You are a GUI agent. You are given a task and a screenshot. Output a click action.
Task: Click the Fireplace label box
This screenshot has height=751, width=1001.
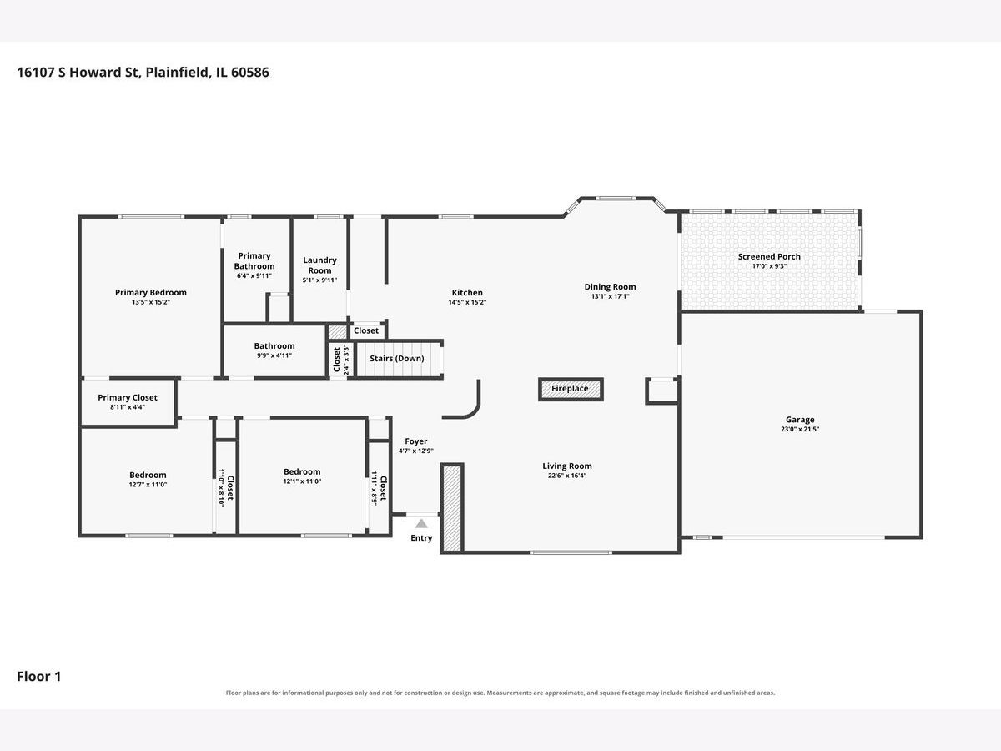(x=571, y=389)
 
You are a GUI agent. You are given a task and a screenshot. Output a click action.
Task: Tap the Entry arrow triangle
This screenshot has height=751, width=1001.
(x=421, y=523)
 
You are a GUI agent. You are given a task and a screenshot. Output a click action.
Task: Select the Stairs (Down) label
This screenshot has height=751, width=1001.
(x=397, y=359)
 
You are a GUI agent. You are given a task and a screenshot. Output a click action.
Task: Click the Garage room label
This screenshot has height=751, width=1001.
(x=800, y=420)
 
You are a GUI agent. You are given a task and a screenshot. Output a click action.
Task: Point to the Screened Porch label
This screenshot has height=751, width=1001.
(x=769, y=257)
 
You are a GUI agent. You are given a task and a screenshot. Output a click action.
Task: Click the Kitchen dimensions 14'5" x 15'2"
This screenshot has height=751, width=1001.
(x=467, y=302)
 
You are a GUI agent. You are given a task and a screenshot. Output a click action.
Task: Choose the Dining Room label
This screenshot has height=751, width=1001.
(x=610, y=287)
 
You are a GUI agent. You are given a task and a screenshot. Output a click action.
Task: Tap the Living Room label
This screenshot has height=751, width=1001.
(x=567, y=466)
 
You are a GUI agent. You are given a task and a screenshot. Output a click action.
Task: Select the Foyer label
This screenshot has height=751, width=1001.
(x=416, y=441)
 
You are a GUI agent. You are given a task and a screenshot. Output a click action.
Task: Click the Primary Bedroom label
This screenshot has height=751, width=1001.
(x=150, y=293)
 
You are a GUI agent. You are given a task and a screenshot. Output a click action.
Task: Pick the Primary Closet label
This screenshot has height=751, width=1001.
(x=128, y=398)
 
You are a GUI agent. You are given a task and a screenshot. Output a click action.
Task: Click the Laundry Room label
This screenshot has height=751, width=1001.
(x=319, y=265)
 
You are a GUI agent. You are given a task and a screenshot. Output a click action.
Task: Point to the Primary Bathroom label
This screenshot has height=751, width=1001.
(x=254, y=261)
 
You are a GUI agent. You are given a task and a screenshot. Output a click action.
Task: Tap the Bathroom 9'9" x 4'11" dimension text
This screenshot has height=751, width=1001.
(x=274, y=355)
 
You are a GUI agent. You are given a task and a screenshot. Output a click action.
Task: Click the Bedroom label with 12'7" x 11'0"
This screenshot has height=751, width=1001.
(x=148, y=475)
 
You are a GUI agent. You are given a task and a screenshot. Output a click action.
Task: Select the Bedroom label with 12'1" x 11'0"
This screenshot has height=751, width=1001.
(x=302, y=472)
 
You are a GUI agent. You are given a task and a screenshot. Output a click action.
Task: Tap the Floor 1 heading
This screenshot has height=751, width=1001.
(x=38, y=676)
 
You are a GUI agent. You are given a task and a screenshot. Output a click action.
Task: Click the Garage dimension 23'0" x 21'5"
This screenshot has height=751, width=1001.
(x=800, y=429)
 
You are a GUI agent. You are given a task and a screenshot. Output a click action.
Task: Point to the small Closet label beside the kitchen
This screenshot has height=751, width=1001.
(x=366, y=330)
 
